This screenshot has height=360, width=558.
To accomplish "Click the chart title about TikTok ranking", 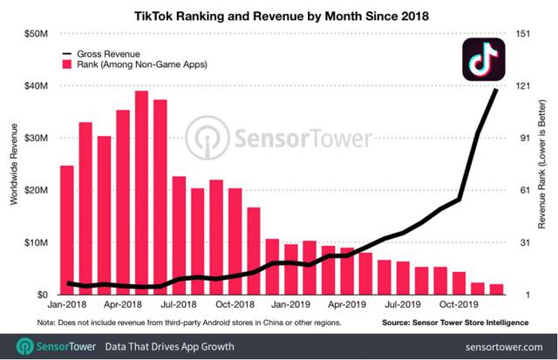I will click(279, 15).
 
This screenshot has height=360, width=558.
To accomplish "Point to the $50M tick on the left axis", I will click(36, 35).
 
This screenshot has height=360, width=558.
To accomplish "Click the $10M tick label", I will click(36, 242).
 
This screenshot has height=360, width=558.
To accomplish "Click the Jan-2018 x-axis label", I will click(67, 306).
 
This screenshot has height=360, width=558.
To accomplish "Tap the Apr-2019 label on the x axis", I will click(347, 306).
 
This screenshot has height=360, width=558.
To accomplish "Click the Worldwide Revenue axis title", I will click(14, 166).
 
